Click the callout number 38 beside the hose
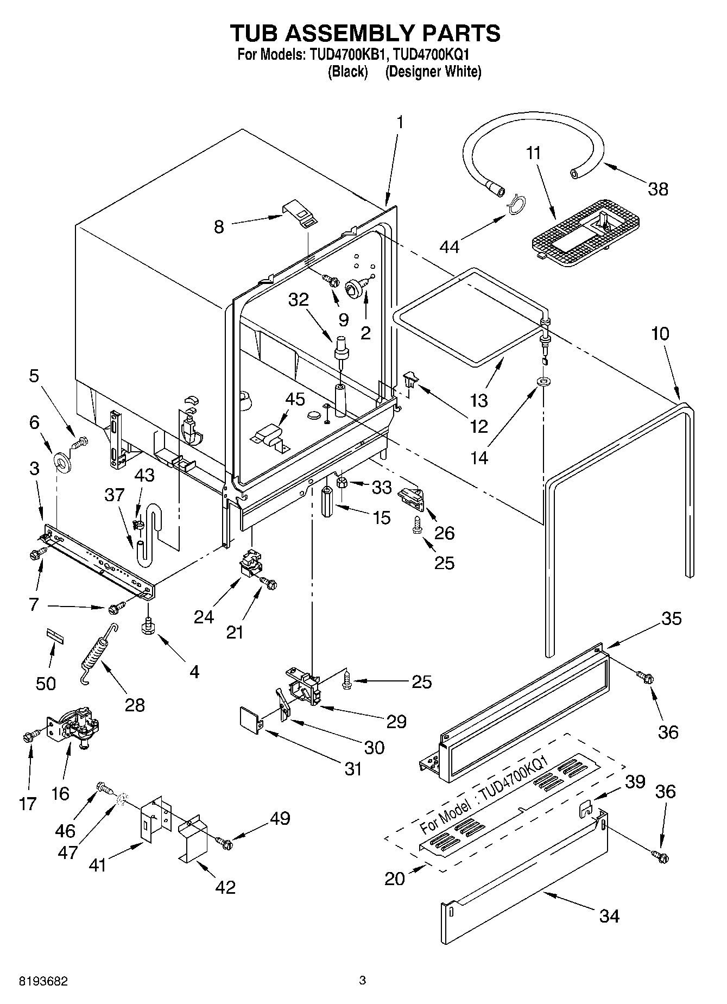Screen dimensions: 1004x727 658,189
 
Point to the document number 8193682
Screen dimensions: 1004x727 43,980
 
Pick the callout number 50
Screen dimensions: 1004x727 46,683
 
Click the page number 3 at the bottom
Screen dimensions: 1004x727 363,980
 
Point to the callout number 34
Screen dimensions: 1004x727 609,916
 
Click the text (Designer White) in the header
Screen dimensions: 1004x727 433,72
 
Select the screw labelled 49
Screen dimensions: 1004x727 224,843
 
